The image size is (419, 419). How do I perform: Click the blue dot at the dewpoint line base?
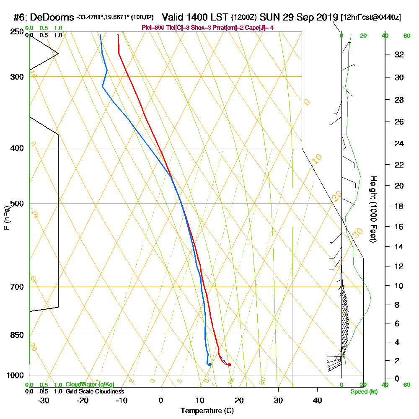(x=209, y=365)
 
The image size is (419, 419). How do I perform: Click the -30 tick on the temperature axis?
(x=44, y=400)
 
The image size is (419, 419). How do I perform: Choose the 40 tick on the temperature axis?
(x=317, y=400)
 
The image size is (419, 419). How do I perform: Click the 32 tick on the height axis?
(x=399, y=54)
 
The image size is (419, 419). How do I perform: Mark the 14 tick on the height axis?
(x=399, y=247)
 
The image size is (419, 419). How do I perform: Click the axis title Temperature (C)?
(x=207, y=411)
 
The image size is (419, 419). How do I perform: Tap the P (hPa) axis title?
(x=6, y=218)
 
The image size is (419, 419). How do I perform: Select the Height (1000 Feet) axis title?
(x=372, y=209)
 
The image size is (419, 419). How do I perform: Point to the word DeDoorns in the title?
(x=52, y=18)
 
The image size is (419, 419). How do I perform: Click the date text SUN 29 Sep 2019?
(x=299, y=17)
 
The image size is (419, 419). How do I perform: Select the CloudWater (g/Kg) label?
(x=90, y=385)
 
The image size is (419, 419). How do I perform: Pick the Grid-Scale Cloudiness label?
(x=95, y=391)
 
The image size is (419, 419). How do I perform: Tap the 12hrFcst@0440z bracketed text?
(x=371, y=18)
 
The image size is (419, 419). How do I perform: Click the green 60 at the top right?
(x=406, y=36)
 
